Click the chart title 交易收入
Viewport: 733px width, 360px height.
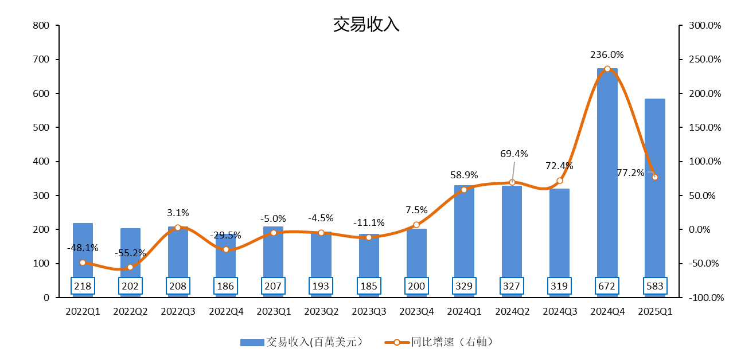366,25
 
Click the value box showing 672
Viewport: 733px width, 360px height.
607,285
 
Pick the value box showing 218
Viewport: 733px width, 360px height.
83,285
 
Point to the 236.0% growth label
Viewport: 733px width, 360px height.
607,55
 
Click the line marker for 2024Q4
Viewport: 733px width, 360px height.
607,69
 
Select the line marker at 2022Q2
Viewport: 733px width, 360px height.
130,267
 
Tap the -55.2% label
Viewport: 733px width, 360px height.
130,253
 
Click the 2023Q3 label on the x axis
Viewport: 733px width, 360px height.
368,311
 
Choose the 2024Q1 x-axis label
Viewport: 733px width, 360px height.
464,311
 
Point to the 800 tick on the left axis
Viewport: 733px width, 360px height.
41,26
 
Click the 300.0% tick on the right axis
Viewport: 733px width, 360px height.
704,26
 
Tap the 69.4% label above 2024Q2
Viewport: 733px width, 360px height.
514,154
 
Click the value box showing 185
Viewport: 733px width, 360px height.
368,285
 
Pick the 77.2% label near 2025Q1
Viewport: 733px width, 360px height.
630,173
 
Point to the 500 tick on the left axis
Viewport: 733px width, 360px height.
41,127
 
